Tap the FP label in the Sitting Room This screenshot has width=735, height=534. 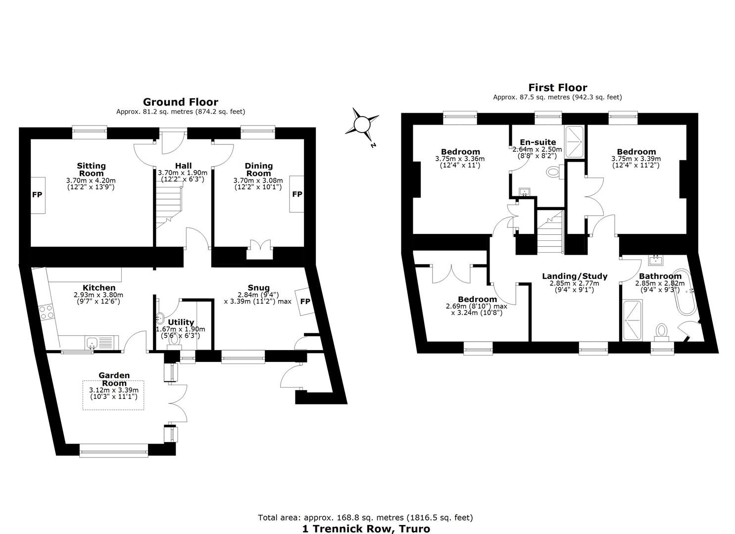37,195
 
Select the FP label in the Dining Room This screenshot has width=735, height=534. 297,194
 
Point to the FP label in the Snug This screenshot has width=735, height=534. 305,301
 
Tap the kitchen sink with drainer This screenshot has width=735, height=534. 102,343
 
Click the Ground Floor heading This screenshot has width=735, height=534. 181,102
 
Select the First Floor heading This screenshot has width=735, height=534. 557,88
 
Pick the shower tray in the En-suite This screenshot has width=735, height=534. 574,141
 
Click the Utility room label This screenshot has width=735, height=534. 181,322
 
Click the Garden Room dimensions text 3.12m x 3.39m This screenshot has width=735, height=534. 114,390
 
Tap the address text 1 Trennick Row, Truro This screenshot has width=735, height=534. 366,529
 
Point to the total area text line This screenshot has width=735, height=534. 365,518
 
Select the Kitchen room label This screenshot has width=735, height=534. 99,287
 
